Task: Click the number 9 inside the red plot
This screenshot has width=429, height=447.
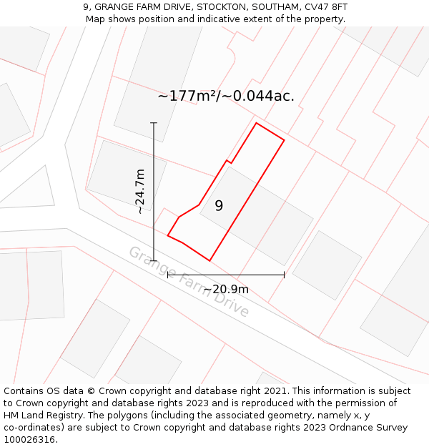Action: pyautogui.click(x=219, y=206)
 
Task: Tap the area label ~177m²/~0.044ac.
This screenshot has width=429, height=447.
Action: pyautogui.click(x=226, y=96)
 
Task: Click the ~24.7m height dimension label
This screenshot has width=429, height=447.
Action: pyautogui.click(x=140, y=192)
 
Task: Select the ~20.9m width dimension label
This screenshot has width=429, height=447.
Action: pyautogui.click(x=226, y=289)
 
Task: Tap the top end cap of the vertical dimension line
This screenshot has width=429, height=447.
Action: pyautogui.click(x=154, y=123)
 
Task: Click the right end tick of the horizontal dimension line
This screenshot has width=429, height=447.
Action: pyautogui.click(x=285, y=274)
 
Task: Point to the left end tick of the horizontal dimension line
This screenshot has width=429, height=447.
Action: pyautogui.click(x=167, y=274)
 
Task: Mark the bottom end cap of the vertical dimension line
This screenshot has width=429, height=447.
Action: pyautogui.click(x=154, y=261)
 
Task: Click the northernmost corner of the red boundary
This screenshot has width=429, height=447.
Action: pyautogui.click(x=257, y=123)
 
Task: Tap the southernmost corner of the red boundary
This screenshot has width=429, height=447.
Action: pyautogui.click(x=209, y=260)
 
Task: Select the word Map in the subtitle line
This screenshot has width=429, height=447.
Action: pyautogui.click(x=97, y=19)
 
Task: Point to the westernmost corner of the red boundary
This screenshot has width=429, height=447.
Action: pyautogui.click(x=168, y=235)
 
